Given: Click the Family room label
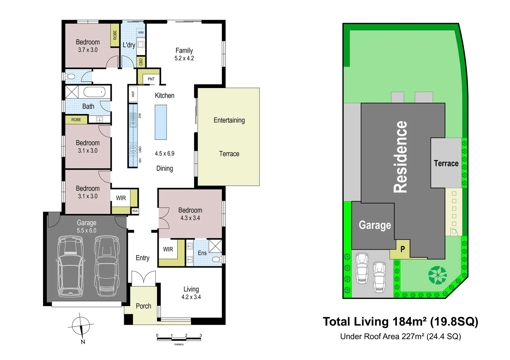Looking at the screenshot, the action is (x=184, y=51).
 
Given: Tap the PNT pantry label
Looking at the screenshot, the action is (x=151, y=79).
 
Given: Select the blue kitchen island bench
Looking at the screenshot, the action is (x=161, y=122).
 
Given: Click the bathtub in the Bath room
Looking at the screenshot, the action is (x=94, y=92).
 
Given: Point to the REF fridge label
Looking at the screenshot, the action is (x=133, y=94).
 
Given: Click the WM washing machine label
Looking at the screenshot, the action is (x=141, y=33).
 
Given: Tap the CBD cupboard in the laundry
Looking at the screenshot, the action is (x=141, y=62).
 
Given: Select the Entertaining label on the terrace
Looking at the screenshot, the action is (x=229, y=120).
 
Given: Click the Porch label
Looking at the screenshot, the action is (x=143, y=306).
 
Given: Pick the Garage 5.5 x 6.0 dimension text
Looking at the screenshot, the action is (x=86, y=231).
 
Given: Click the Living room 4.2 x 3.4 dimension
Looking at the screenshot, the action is (x=191, y=297).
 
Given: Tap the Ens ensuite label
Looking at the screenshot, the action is (x=202, y=253).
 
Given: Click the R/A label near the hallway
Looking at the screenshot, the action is (x=135, y=211).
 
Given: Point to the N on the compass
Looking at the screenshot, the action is (x=83, y=342).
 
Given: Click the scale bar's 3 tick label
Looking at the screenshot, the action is (x=200, y=335).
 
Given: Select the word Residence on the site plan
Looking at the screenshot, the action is (x=401, y=157).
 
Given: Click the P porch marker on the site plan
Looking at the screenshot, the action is (x=403, y=249).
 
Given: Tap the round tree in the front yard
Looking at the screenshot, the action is (x=437, y=275).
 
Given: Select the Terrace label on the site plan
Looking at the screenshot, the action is (x=446, y=163).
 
